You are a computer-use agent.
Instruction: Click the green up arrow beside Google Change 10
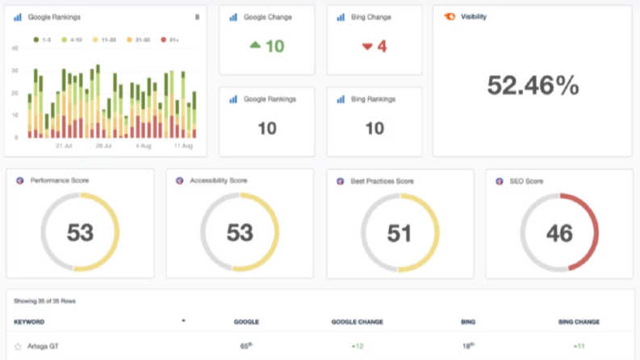pos(255,45)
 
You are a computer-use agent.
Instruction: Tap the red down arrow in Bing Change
pos(367,47)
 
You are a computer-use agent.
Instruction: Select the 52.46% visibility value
pos(533,86)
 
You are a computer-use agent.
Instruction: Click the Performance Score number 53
pos(81,232)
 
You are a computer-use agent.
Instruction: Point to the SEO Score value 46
pos(559,233)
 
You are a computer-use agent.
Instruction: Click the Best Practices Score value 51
pos(399,233)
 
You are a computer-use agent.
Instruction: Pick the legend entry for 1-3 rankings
pos(42,40)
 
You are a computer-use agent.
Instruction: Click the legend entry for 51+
pos(169,40)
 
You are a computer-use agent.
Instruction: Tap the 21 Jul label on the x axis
pos(64,146)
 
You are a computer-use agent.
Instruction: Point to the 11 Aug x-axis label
pos(183,146)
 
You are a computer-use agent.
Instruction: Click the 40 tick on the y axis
pos(15,48)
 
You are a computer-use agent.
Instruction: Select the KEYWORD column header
pos(29,322)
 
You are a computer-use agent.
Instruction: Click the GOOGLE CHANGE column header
pos(358,322)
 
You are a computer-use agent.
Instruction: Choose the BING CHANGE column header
pos(579,322)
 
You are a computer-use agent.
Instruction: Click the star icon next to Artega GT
pos(18,346)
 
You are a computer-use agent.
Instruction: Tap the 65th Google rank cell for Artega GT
pos(246,346)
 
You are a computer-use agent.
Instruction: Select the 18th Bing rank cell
pos(468,346)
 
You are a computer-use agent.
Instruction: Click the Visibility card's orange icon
pos(450,17)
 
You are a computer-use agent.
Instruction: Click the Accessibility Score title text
pos(219,181)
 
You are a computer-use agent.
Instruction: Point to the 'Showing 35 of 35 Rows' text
pos(45,301)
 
